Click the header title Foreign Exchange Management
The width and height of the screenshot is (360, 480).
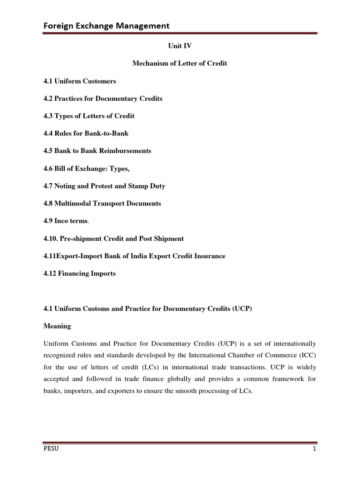(x=106, y=25)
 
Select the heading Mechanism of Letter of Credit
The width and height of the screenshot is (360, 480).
(x=180, y=63)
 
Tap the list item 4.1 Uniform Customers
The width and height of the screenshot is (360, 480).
(x=80, y=81)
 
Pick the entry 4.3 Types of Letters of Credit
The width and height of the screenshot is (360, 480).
(x=89, y=116)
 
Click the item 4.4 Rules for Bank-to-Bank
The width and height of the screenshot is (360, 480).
(x=86, y=133)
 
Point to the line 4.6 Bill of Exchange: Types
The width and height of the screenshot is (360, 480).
(x=86, y=168)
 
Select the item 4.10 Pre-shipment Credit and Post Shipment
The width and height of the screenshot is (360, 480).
(x=113, y=239)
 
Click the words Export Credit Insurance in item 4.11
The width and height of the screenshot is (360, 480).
(x=187, y=256)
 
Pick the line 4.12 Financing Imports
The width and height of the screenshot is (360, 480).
(x=79, y=273)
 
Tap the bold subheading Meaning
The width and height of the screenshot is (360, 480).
(x=57, y=326)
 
